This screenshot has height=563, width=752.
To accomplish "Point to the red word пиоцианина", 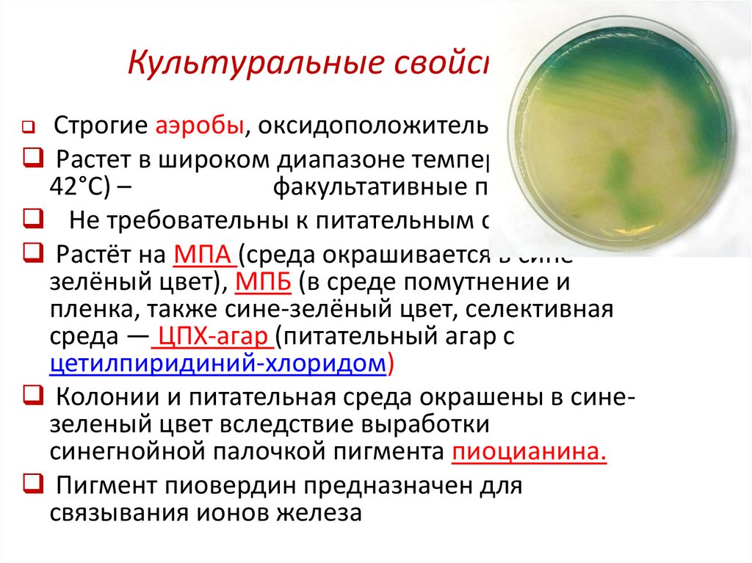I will (529, 451).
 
